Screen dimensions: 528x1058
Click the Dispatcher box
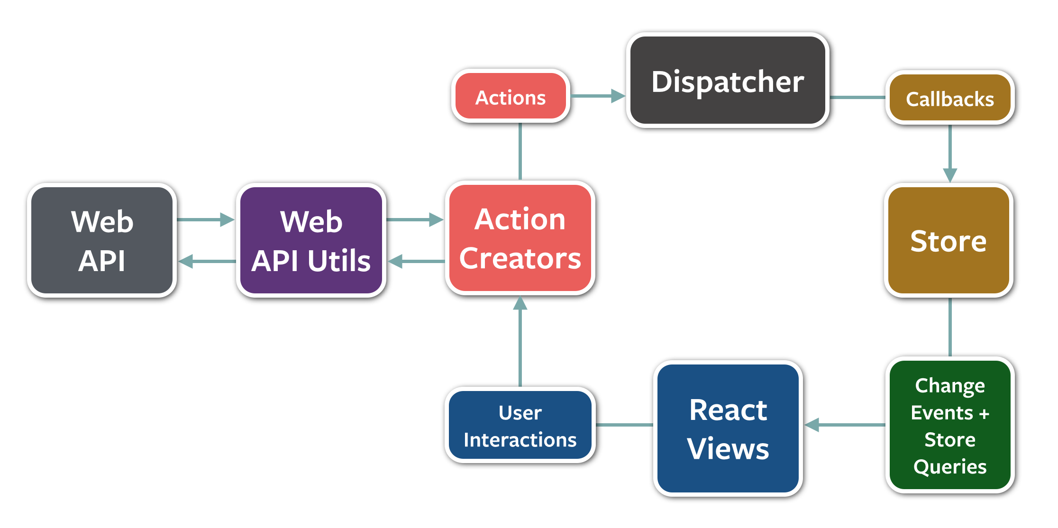(x=728, y=81)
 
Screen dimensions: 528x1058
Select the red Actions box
(x=511, y=96)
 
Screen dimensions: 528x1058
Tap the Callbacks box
(x=949, y=98)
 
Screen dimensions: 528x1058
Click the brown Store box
(x=949, y=240)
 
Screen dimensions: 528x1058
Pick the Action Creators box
(x=520, y=238)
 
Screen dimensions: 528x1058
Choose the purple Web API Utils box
(x=311, y=240)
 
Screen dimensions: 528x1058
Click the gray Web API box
(x=102, y=240)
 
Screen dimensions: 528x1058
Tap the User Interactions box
(x=520, y=425)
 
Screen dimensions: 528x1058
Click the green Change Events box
(x=949, y=425)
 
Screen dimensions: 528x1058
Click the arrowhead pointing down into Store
(x=950, y=174)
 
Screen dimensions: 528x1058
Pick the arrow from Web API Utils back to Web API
(x=207, y=261)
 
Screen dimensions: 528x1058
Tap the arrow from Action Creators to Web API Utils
(x=416, y=261)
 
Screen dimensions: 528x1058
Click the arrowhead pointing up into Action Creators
(x=520, y=304)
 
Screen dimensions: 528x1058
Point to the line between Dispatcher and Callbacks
(x=857, y=98)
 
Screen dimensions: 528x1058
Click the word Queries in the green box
(x=950, y=467)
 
